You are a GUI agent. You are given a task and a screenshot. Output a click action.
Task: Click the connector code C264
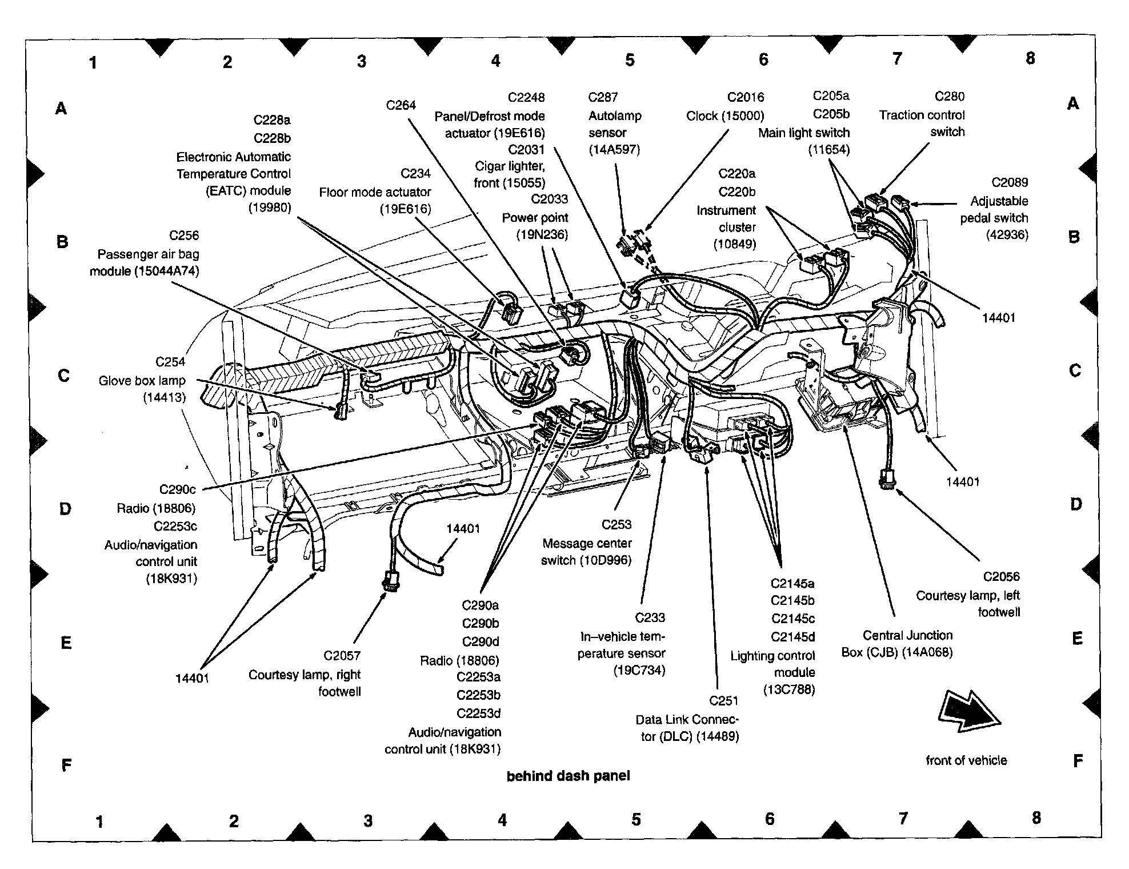click(401, 105)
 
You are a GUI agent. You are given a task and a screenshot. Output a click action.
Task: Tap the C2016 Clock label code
click(745, 97)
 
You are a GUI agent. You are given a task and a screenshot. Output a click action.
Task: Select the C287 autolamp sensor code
click(603, 97)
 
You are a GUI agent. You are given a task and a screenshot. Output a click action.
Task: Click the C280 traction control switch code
click(949, 96)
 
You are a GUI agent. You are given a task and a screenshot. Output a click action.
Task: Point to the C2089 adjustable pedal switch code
click(1009, 182)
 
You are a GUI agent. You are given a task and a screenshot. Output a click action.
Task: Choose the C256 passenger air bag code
click(183, 236)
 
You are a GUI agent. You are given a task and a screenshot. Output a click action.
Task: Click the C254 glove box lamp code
click(170, 362)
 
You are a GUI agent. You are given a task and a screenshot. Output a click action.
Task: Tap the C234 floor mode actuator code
click(415, 173)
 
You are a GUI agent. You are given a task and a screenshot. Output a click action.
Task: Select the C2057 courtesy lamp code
click(342, 656)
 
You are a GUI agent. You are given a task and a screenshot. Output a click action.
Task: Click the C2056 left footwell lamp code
click(1001, 577)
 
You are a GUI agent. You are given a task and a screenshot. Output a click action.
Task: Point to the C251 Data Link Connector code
click(723, 700)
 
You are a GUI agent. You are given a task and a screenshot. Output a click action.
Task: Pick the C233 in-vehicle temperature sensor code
click(650, 617)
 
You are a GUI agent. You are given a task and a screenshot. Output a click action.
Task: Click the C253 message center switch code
click(616, 524)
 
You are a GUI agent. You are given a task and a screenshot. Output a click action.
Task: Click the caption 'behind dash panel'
click(568, 776)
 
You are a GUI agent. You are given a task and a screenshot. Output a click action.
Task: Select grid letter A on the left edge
click(61, 107)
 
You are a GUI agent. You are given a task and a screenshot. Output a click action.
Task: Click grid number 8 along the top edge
click(1030, 58)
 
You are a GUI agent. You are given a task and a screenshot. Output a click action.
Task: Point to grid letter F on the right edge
click(1078, 761)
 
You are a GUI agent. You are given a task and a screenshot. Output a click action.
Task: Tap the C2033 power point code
click(549, 199)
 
